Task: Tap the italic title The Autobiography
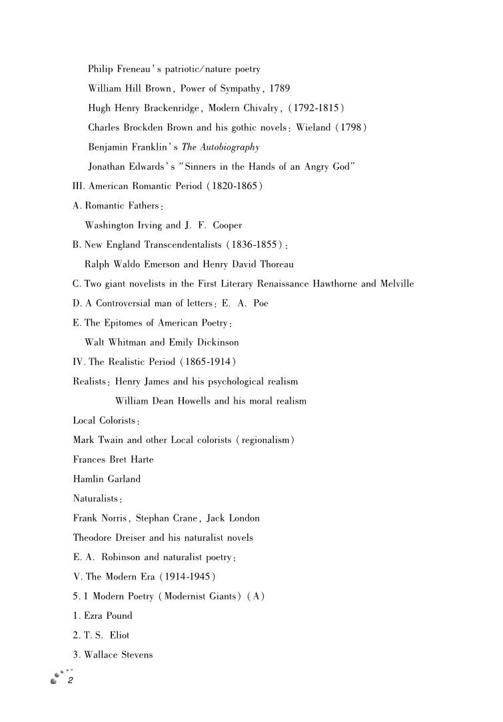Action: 221,147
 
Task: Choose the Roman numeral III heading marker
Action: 79,186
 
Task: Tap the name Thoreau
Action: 272,264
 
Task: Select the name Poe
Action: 260,303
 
